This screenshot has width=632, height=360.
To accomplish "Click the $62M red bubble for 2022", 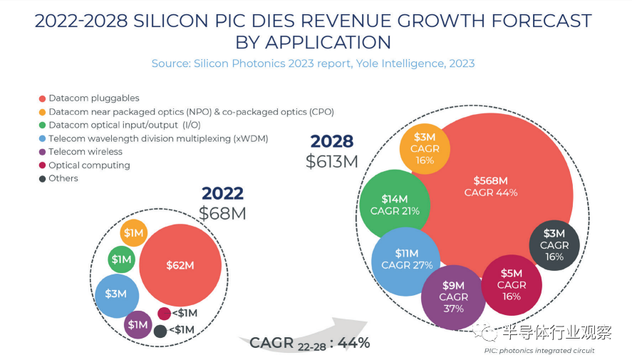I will [180, 266].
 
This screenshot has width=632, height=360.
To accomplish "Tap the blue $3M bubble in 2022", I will [116, 294].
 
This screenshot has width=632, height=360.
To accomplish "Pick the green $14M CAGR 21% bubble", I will [394, 205].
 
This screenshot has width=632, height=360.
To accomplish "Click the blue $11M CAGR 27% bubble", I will [405, 259].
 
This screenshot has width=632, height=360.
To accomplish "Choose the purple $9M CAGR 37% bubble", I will [453, 297].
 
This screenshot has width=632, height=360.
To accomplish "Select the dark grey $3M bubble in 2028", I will [554, 245].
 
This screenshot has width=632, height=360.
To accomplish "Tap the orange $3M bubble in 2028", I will [425, 148].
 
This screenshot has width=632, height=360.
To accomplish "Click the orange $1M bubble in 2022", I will [133, 233].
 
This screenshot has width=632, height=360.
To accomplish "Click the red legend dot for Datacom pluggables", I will [42, 98].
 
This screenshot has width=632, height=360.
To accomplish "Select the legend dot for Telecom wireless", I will [42, 152].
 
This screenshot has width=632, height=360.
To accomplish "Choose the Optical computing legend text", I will [89, 165].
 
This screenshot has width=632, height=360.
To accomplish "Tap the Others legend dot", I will [42, 179].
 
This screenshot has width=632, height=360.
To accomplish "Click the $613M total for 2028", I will [331, 161].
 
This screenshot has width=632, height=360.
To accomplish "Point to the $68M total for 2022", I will [222, 212].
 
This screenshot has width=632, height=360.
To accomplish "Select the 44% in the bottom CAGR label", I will [353, 343].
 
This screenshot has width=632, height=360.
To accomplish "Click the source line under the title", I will [313, 63].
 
